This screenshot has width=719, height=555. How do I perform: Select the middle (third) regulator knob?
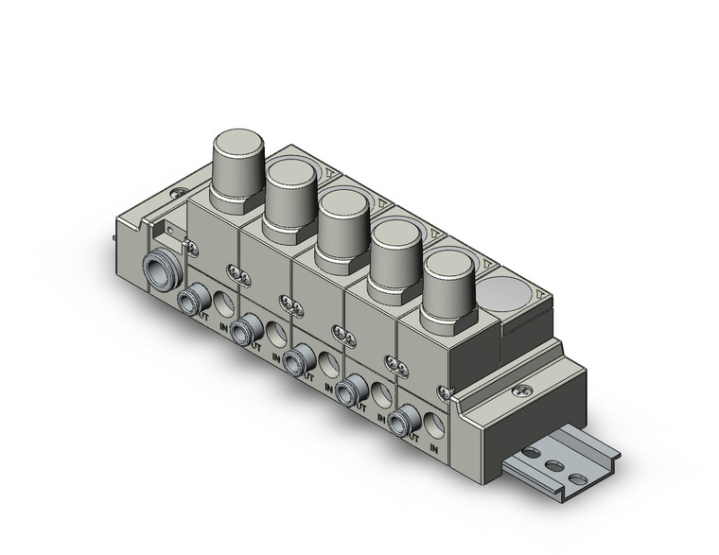(344, 203)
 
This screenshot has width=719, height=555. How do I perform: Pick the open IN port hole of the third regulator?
(328, 363)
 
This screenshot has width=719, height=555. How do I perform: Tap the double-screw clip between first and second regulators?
(239, 276)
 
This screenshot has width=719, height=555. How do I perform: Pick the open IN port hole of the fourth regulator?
(381, 391)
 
